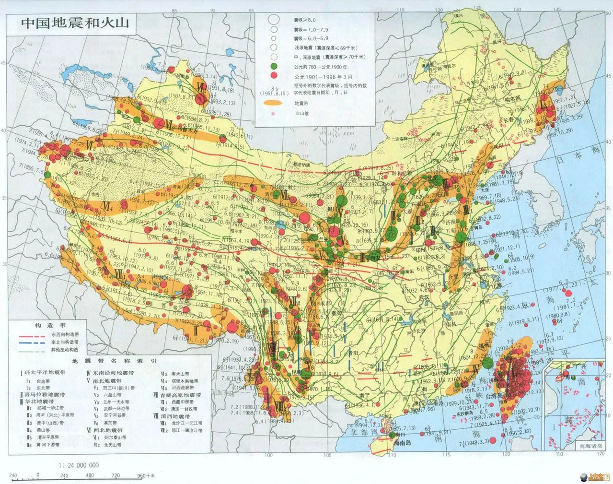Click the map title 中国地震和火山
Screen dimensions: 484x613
(75, 23)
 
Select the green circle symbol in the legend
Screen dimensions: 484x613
(274, 66)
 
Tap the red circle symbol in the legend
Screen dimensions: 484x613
(274, 76)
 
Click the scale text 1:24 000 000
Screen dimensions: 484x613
(79, 465)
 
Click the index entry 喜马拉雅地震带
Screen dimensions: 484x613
(44, 394)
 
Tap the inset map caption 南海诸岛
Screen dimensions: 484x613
(591, 446)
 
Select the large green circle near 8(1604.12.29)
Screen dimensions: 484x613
(487, 363)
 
